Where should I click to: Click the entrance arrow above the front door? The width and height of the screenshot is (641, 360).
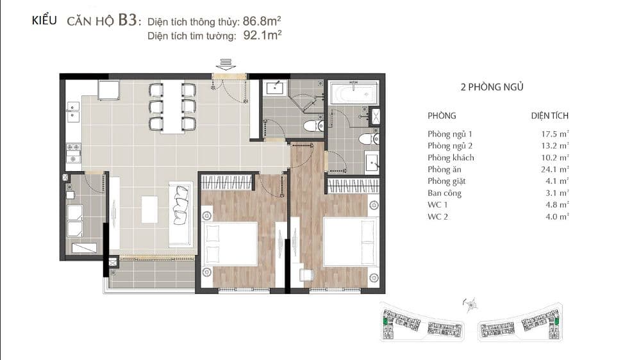pos(226,64)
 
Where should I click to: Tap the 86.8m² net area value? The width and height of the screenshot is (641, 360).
pos(262,21)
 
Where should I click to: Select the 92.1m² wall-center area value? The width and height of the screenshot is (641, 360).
pos(262,35)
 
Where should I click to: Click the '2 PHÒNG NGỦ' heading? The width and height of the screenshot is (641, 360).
pos(492,86)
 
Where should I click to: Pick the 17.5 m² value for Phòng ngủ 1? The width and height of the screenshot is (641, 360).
pos(554,134)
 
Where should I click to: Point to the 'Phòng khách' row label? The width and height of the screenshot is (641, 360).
pos(451,158)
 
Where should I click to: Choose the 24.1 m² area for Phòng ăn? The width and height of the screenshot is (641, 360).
pos(554,169)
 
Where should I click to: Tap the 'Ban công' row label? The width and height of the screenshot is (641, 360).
pos(444,193)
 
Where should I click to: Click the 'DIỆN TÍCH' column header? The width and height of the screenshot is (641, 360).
pos(550,116)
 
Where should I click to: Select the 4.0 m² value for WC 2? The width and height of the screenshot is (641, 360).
pos(557,217)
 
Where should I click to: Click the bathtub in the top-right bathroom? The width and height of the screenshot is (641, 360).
pos(354,93)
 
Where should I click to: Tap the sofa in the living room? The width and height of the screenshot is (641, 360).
pos(181,214)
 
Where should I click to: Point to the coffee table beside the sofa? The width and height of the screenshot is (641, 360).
pos(149,209)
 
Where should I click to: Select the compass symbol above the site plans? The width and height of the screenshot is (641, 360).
pos(471,304)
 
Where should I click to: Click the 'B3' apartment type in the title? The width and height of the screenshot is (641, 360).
pos(127,20)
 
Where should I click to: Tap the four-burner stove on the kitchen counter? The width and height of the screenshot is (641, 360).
pos(74,153)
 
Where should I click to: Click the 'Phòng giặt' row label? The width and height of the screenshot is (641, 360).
pos(446,181)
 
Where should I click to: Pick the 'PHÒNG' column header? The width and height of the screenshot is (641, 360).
pos(442,116)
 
